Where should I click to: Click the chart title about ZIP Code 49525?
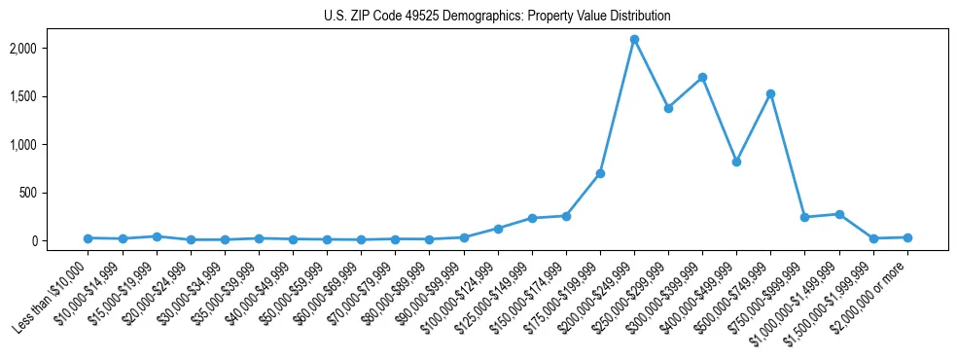click(x=497, y=17)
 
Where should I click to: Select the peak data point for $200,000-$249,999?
click(x=634, y=40)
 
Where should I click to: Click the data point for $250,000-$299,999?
click(x=668, y=108)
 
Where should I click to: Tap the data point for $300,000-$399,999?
click(x=702, y=77)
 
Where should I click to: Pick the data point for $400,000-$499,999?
click(x=736, y=162)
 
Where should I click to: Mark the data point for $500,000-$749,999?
click(x=770, y=93)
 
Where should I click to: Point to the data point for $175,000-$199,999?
click(x=600, y=173)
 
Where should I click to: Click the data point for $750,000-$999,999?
click(x=804, y=217)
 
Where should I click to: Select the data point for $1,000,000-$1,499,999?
click(x=839, y=214)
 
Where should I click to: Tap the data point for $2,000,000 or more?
click(x=907, y=237)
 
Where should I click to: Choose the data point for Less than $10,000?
click(x=88, y=238)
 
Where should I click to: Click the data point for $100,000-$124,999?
click(x=498, y=229)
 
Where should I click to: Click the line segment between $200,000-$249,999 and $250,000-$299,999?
click(x=651, y=74)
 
